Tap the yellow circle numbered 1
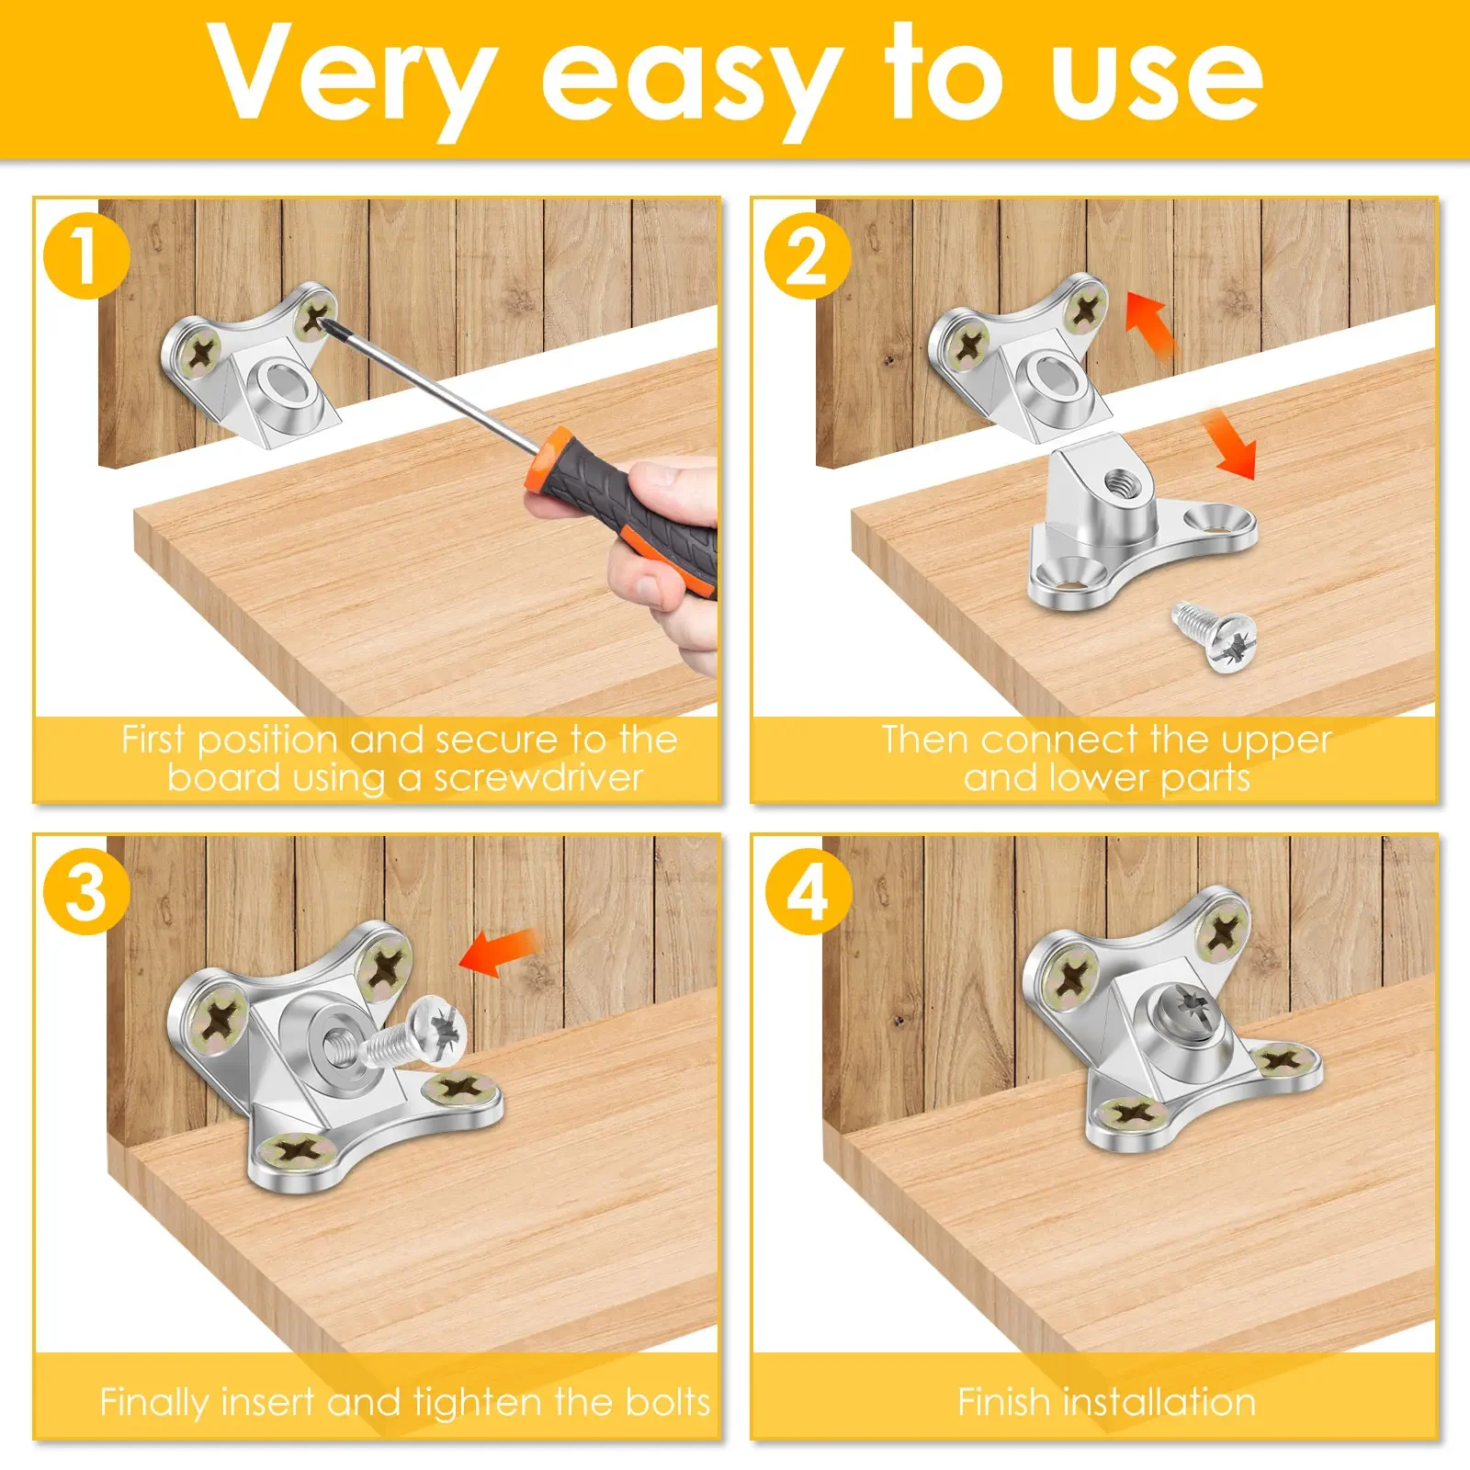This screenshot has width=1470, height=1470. (x=85, y=255)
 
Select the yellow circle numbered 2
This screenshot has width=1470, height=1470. (x=808, y=255)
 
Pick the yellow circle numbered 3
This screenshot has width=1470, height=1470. (x=86, y=891)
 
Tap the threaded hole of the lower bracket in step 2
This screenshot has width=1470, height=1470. (x=1119, y=480)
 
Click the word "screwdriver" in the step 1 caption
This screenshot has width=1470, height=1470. (x=538, y=778)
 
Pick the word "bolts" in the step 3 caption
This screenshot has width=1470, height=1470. (x=668, y=1402)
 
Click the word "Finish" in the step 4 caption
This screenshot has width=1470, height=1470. (x=1004, y=1402)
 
